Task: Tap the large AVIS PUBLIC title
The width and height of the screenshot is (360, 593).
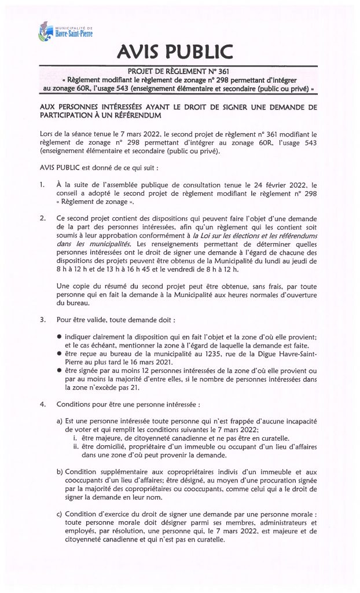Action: click(x=179, y=53)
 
